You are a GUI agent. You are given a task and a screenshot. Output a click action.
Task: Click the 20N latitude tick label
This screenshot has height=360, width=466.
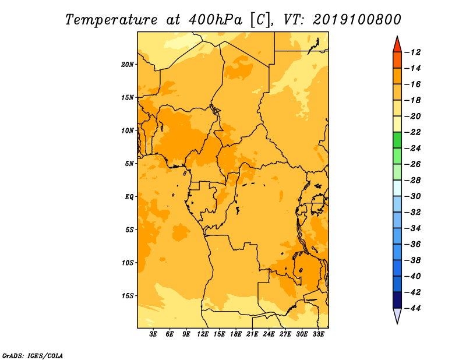pyautogui.click(x=127, y=65)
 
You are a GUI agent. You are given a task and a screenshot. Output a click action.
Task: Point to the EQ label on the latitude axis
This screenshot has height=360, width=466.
pyautogui.click(x=129, y=197)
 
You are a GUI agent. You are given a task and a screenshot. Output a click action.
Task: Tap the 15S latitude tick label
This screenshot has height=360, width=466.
pyautogui.click(x=127, y=296)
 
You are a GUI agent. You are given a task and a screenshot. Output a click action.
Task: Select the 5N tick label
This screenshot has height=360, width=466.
pyautogui.click(x=129, y=164)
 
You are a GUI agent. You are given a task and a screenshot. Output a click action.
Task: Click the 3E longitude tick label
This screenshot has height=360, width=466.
pyautogui.click(x=153, y=334)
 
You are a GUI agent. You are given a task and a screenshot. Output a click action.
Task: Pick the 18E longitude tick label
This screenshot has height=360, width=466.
pyautogui.click(x=236, y=334)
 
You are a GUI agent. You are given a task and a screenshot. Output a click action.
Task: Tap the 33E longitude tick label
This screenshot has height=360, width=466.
pyautogui.click(x=318, y=334)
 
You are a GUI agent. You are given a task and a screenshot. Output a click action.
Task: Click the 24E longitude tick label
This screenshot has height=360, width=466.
pyautogui.click(x=269, y=334)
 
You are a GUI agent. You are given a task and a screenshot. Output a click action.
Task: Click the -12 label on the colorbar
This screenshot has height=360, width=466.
pyautogui.click(x=413, y=52)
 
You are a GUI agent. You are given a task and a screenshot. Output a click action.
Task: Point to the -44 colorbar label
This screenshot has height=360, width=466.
pyautogui.click(x=413, y=308)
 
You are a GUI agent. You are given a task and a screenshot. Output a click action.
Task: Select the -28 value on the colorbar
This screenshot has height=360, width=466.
pyautogui.click(x=413, y=181)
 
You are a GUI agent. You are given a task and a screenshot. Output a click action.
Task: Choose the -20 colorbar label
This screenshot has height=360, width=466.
pyautogui.click(x=413, y=117)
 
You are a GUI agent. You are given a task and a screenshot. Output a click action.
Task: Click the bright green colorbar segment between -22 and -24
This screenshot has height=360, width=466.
pyautogui.click(x=397, y=140)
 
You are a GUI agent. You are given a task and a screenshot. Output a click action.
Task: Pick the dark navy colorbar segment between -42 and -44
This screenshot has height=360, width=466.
pyautogui.click(x=397, y=300)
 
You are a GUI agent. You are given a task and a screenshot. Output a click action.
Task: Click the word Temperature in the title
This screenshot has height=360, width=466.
pyautogui.click(x=111, y=20)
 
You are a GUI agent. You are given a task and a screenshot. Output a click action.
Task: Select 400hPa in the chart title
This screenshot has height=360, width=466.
pyautogui.click(x=215, y=20)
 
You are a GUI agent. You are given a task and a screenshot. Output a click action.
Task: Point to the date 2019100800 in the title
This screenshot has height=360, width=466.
pyautogui.click(x=357, y=20)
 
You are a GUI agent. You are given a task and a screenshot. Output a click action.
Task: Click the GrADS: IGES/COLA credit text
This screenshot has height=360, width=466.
pyautogui.click(x=33, y=356)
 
